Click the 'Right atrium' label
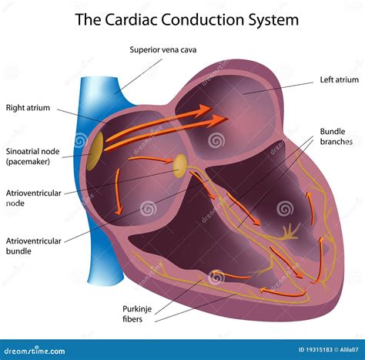click(x=28, y=108)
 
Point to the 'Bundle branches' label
click(x=336, y=136)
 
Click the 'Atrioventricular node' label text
click(x=33, y=197)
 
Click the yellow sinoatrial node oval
click(x=95, y=151)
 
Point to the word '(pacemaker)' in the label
click(x=29, y=162)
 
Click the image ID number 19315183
click(x=310, y=350)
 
